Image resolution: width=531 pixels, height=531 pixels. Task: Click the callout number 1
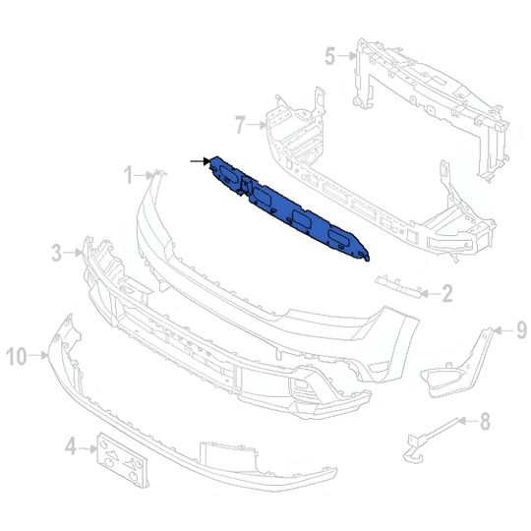[x=128, y=174]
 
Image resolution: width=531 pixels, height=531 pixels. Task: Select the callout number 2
[x=445, y=292]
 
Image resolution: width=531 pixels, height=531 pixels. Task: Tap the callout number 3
[x=56, y=254]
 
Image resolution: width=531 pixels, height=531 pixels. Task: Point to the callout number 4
[x=70, y=448]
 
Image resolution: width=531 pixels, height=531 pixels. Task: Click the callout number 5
[x=330, y=55]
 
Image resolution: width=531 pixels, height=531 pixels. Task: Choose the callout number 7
[x=239, y=124]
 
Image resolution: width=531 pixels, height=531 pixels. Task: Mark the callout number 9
[x=522, y=328]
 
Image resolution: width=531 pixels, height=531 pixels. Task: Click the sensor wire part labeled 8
[x=428, y=437]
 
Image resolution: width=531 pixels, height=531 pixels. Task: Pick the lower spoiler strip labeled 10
[x=147, y=433]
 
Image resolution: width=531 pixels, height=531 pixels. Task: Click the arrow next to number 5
[x=347, y=56]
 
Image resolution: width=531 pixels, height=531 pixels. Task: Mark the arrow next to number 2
[x=430, y=292]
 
